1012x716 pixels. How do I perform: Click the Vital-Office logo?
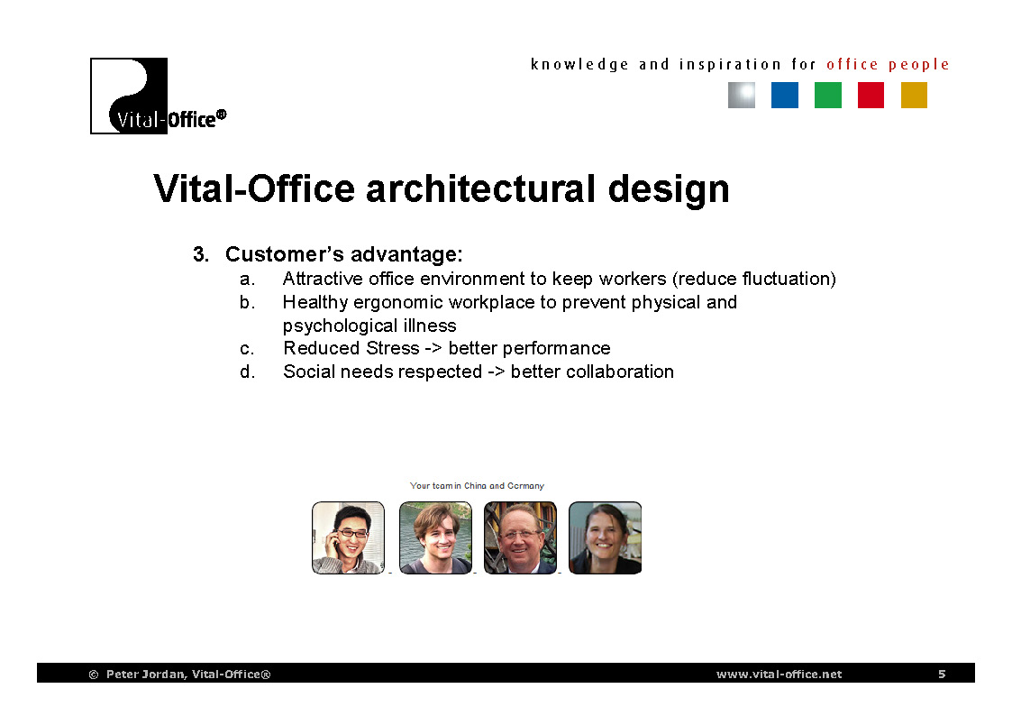pyautogui.click(x=158, y=96)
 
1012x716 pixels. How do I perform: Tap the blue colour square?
pyautogui.click(x=784, y=95)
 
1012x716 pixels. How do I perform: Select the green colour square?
pyautogui.click(x=827, y=95)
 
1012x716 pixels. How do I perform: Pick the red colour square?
pyautogui.click(x=871, y=95)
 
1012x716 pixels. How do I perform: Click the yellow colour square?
pyautogui.click(x=914, y=95)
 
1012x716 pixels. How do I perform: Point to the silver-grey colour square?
pyautogui.click(x=742, y=95)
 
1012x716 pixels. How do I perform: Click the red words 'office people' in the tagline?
pyautogui.click(x=888, y=65)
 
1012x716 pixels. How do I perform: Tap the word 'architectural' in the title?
pyautogui.click(x=480, y=188)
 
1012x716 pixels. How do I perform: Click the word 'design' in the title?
pyautogui.click(x=669, y=189)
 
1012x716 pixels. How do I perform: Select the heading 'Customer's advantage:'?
pyautogui.click(x=343, y=254)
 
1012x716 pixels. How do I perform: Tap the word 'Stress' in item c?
pyautogui.click(x=392, y=349)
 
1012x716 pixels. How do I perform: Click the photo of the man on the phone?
pyautogui.click(x=348, y=537)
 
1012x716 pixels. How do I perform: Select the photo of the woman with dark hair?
pyautogui.click(x=605, y=537)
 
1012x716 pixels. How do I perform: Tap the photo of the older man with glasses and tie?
pyautogui.click(x=520, y=537)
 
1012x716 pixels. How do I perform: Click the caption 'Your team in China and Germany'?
pyautogui.click(x=477, y=485)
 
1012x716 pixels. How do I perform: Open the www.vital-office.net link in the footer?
pyautogui.click(x=779, y=674)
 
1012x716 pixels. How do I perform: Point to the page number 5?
pyautogui.click(x=942, y=674)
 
